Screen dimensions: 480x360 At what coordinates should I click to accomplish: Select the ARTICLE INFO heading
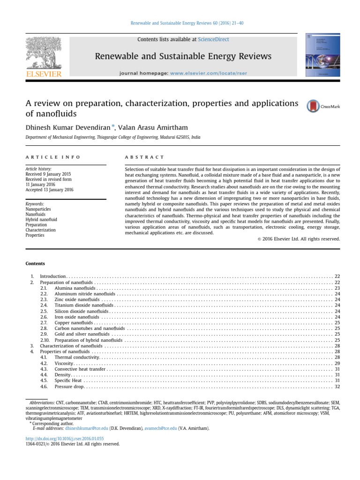coord(53,157)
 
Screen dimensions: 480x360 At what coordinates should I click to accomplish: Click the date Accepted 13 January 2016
coord(49,190)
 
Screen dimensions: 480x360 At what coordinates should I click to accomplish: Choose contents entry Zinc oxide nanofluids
coord(77,299)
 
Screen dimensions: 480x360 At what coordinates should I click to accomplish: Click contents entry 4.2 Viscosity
coord(64,363)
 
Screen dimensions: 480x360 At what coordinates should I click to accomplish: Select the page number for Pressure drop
coord(337,387)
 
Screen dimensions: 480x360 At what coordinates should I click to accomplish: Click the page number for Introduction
coord(337,277)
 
